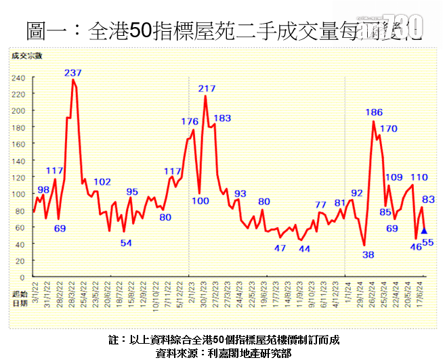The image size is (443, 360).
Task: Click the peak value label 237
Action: pyautogui.click(x=73, y=72)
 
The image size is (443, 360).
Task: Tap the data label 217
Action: pyautogui.click(x=207, y=89)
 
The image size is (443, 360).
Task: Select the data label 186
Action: pyautogui.click(x=374, y=112)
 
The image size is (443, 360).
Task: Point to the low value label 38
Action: pyautogui.click(x=368, y=255)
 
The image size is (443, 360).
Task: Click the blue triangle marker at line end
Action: pyautogui.click(x=424, y=231)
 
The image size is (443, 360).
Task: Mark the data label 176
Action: pyautogui.click(x=189, y=122)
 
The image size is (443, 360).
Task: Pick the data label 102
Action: pyautogui.click(x=102, y=182)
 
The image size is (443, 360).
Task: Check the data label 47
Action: pyautogui.click(x=280, y=248)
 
